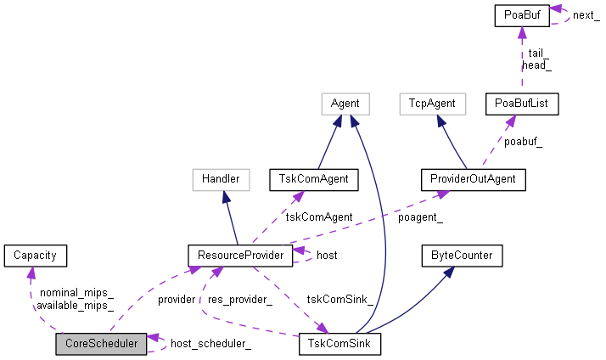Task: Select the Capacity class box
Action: [34, 254]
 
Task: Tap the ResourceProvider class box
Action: [240, 254]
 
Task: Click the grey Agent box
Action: [345, 104]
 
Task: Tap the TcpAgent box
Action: [433, 104]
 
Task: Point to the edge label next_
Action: [586, 16]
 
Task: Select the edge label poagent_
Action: [421, 217]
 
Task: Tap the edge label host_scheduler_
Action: [210, 344]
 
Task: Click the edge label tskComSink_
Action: [339, 300]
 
